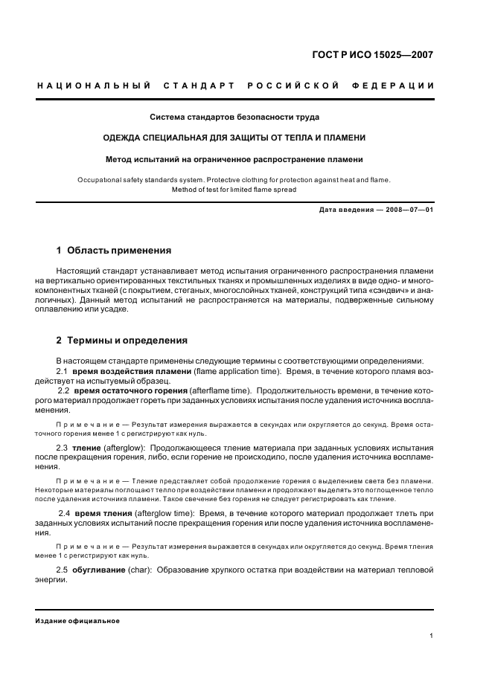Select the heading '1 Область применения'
[114, 251]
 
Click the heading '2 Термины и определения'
[122, 341]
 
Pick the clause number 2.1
[63, 370]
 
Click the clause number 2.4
[64, 514]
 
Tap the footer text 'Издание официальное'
[77, 621]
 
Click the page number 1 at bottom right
[432, 636]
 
